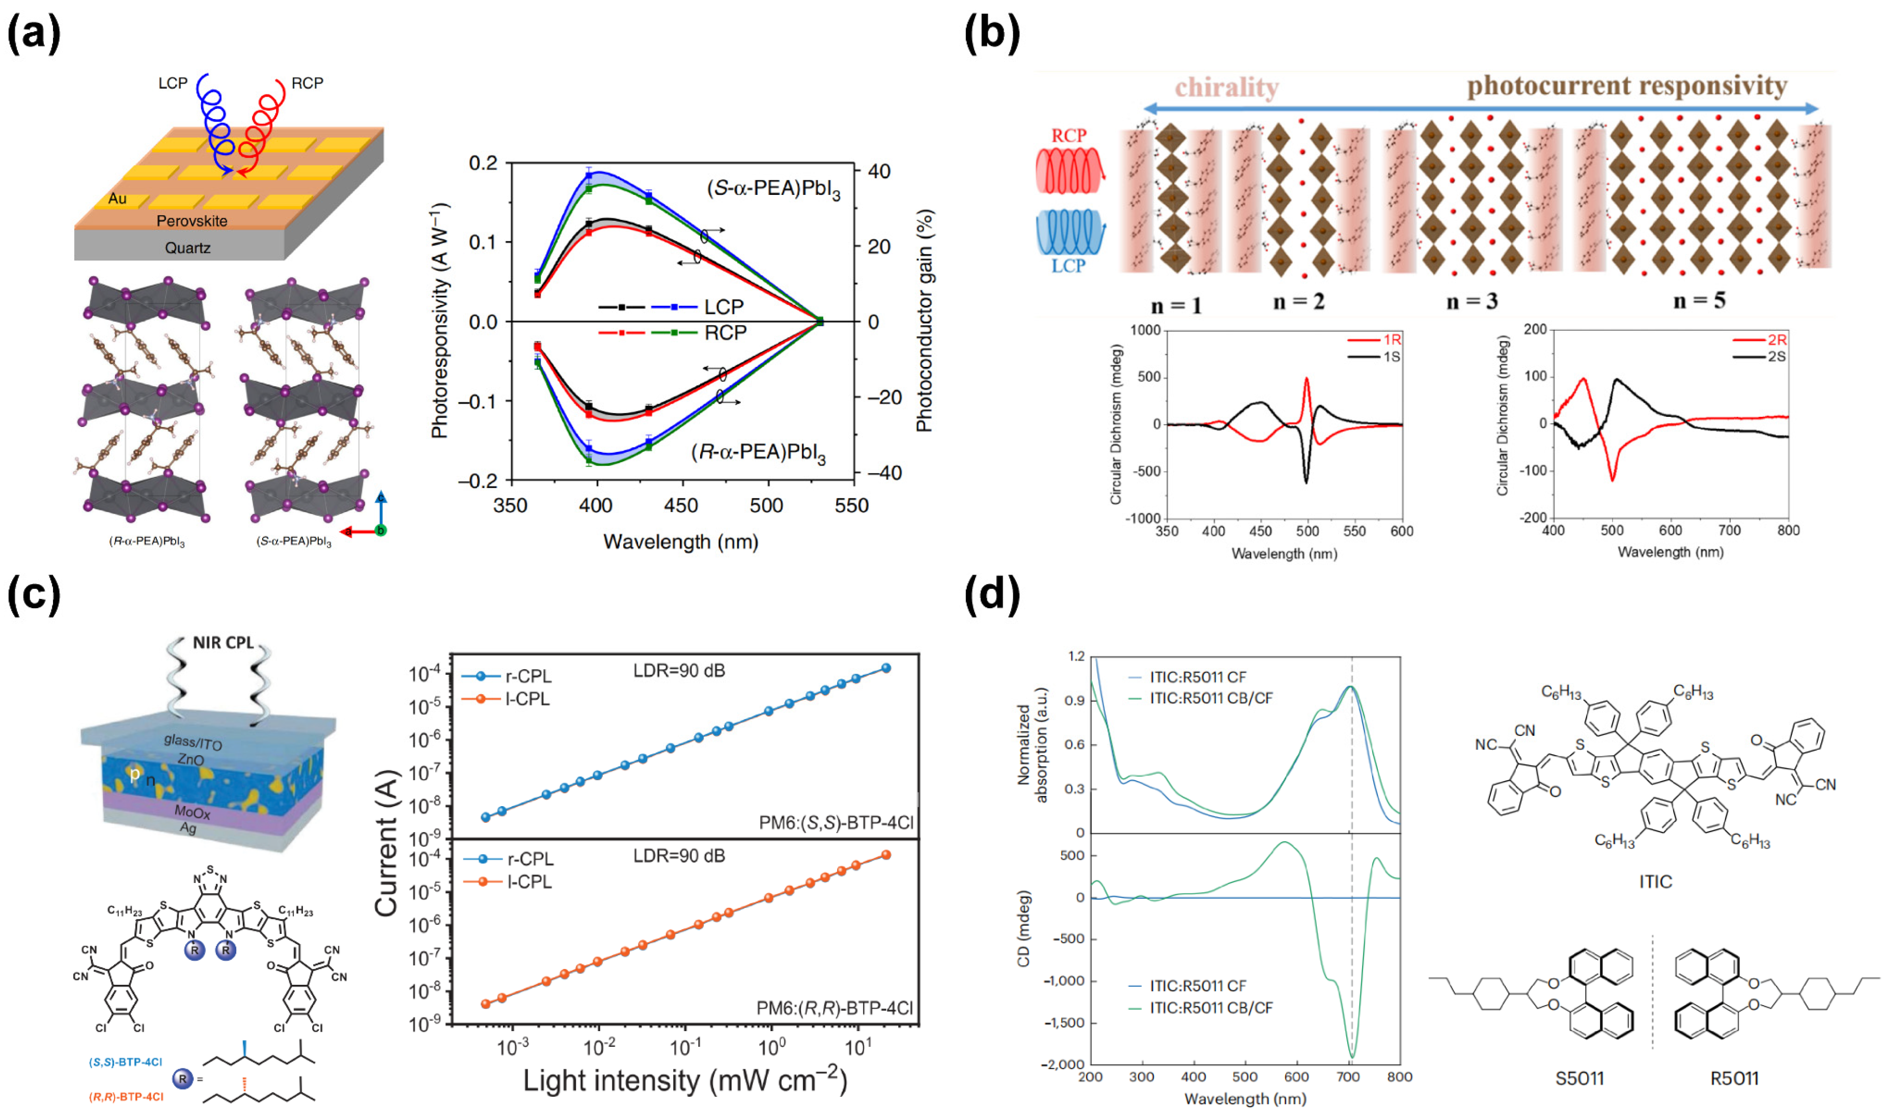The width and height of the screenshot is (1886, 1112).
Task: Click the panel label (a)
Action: [34, 34]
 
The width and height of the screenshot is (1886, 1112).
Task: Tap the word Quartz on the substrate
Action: [187, 248]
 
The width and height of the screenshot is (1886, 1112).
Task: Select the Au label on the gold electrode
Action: [118, 198]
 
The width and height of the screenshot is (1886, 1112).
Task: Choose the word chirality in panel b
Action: [1226, 88]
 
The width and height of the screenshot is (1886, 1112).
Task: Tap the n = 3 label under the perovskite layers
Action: [1472, 301]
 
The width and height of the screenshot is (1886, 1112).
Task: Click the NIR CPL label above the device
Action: [224, 643]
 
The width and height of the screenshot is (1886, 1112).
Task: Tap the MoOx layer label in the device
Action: [192, 812]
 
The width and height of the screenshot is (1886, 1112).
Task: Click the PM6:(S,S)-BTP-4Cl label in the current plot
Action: [836, 823]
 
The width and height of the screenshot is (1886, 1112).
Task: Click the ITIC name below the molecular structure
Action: [1655, 881]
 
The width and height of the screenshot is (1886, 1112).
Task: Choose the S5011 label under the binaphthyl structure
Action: [1579, 1078]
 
